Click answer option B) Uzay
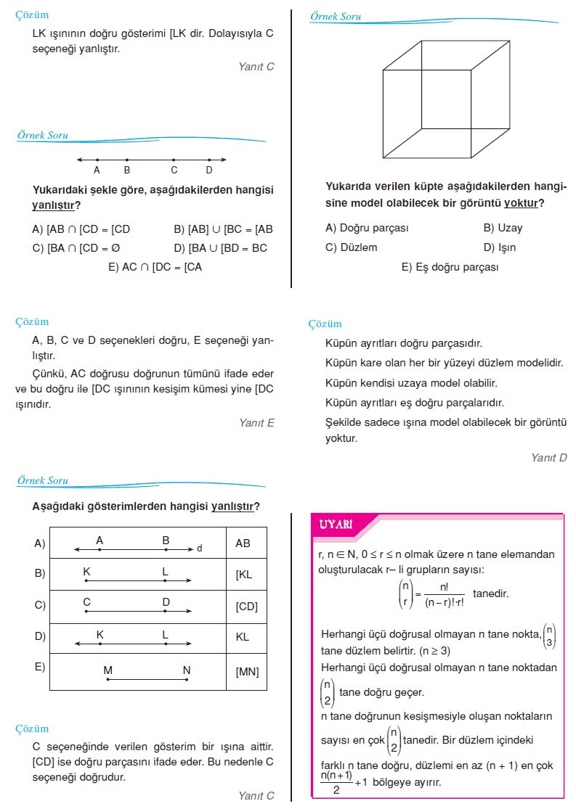(503, 228)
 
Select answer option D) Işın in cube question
(500, 247)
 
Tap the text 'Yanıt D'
(548, 458)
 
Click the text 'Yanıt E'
(256, 423)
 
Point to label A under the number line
(97, 171)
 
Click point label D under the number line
(209, 171)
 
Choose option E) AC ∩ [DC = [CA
(155, 267)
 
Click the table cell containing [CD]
(246, 607)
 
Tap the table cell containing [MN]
(247, 672)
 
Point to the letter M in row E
(108, 670)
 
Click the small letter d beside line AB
(199, 549)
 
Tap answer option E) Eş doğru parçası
(450, 267)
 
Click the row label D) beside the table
(40, 637)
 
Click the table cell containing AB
(243, 543)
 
